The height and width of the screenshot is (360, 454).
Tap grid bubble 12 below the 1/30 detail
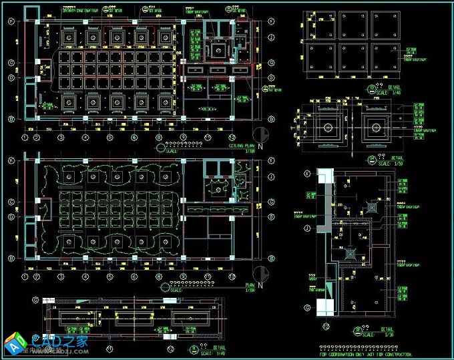[x=325, y=327]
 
